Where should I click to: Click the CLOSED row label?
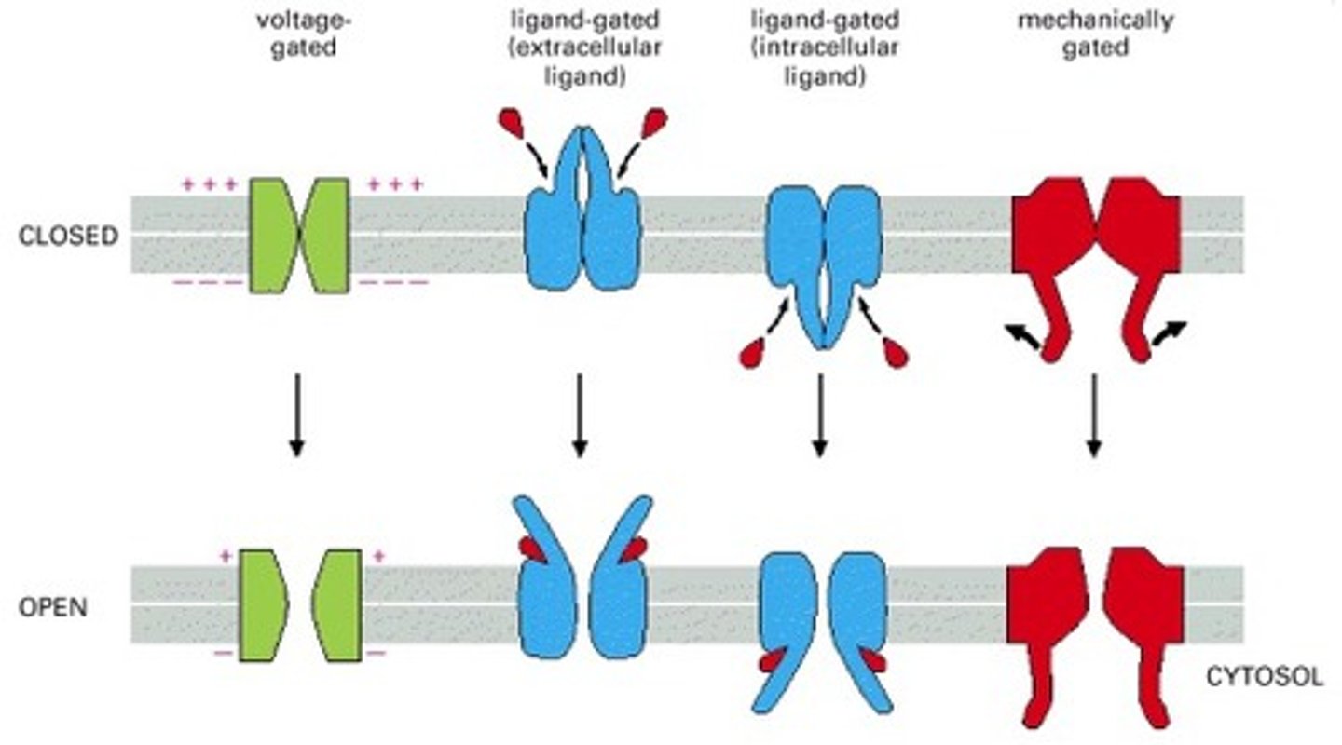tap(68, 236)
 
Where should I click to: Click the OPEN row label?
tap(53, 607)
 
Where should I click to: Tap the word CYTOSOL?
tap(1264, 677)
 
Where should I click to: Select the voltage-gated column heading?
tap(290, 33)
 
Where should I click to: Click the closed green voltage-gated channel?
tap(299, 236)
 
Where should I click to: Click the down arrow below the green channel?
tap(295, 414)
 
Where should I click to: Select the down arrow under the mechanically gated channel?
tap(1094, 414)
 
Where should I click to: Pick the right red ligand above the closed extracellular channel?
tap(654, 120)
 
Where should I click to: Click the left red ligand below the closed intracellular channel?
tap(753, 353)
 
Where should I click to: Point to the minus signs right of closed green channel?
tap(393, 281)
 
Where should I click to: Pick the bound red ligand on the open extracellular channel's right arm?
tap(634, 550)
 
